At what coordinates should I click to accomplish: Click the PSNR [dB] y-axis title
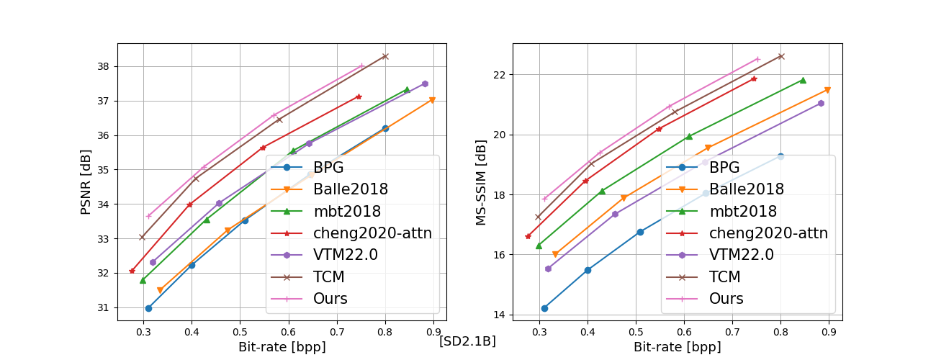pos(86,181)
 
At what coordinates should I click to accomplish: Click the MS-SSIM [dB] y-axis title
pos(482,181)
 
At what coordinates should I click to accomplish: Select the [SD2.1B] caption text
pos(467,341)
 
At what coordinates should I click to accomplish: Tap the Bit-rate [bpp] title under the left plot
pos(282,347)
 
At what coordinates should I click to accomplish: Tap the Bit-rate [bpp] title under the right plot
pos(678,347)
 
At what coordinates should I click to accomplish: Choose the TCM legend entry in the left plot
pos(329,276)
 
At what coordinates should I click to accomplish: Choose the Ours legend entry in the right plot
pos(726,298)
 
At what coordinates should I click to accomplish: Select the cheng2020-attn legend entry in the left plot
pos(372,233)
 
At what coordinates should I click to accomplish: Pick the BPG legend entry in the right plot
pos(724,168)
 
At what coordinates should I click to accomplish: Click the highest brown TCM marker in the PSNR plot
pos(385,56)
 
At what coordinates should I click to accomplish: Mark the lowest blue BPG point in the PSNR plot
pos(148,308)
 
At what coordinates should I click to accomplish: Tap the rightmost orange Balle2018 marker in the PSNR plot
pos(432,100)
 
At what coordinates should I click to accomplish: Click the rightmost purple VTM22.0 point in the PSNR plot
pos(425,84)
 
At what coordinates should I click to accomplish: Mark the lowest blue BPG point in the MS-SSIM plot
pos(544,308)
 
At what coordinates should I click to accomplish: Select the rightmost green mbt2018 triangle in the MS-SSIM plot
pos(803,81)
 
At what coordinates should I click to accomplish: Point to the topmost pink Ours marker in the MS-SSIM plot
pos(757,59)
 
